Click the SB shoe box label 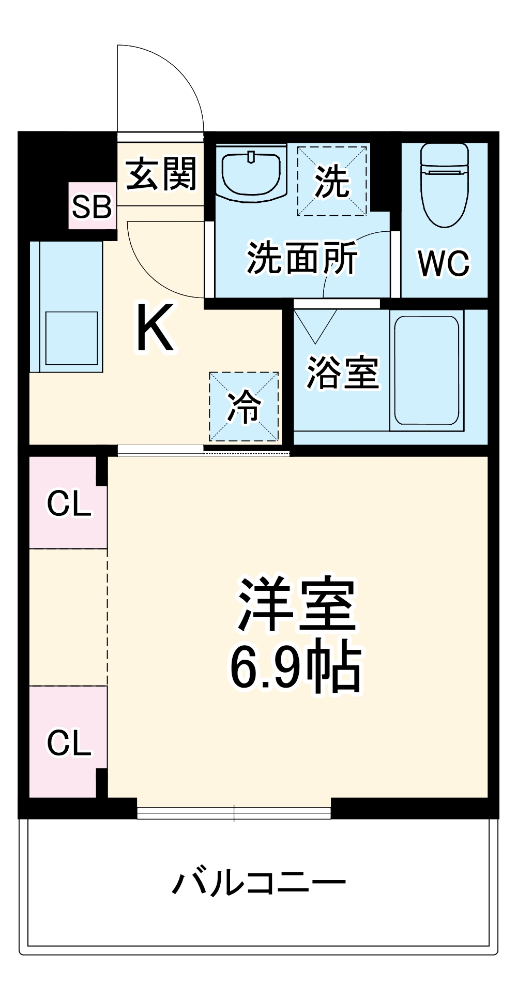pos(92,206)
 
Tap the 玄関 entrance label pos(162,174)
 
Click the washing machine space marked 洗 pos(332,181)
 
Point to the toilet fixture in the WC pos(445,185)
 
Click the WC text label pos(444,263)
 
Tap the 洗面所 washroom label pos(302,258)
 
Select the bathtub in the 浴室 pos(427,370)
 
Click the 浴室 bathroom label pos(343,372)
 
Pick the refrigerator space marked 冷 pos(244,407)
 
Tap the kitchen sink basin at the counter pos(71,338)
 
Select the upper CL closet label pos(69,503)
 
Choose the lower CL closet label pos(69,743)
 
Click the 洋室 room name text pos(297,604)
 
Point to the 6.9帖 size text pos(296,667)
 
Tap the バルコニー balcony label pos(258,883)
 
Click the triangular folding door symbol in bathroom pos(315,325)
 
